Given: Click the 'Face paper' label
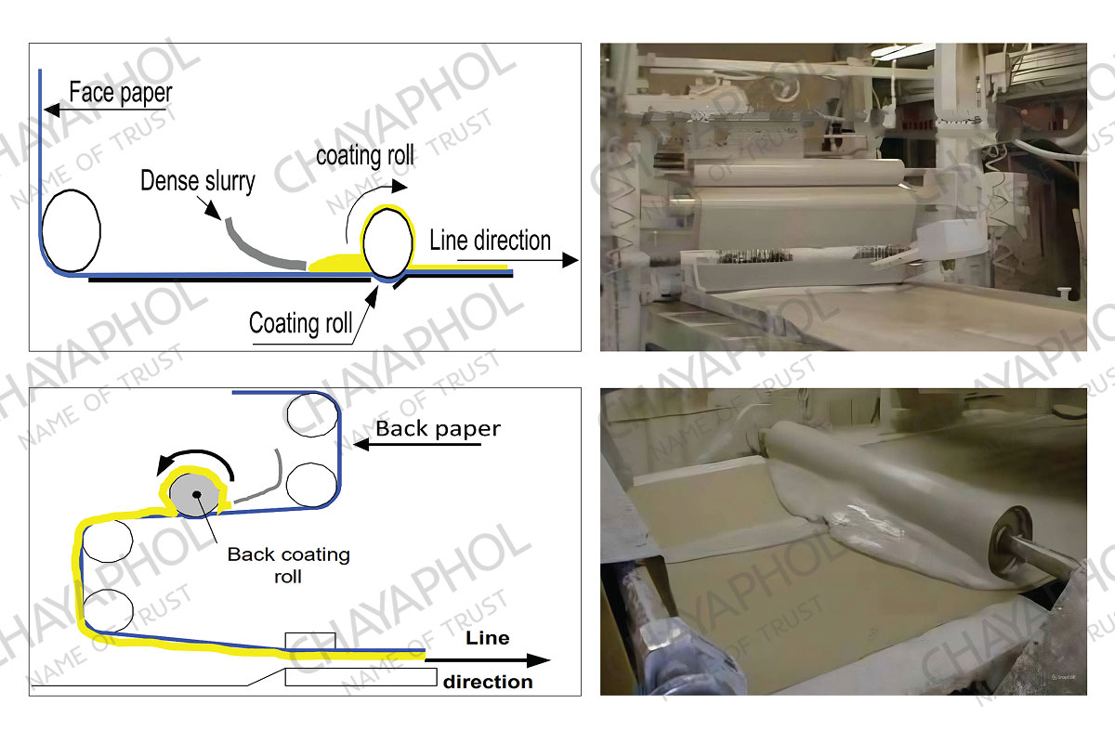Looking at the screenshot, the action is tap(121, 93).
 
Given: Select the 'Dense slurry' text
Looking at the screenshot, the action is tap(198, 181).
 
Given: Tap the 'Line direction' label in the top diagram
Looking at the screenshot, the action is tap(491, 241).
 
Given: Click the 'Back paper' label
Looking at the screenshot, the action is tap(438, 429).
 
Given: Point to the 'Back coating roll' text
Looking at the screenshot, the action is tap(289, 566).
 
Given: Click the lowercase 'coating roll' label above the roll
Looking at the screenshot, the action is tap(365, 156).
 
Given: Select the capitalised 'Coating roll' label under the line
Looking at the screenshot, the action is tap(301, 323).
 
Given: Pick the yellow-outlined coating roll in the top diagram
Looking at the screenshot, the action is tap(388, 243).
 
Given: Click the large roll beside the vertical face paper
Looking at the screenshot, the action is tap(72, 231).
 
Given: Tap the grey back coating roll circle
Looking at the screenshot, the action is tap(194, 495).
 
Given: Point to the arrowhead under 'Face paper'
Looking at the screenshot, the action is tap(52, 110).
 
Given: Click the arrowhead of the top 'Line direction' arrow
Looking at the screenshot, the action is tap(570, 260).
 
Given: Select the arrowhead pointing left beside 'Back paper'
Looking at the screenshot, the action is tap(361, 444).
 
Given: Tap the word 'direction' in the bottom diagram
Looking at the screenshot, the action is tap(488, 682).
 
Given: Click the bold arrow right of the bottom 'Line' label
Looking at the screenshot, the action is tap(488, 660).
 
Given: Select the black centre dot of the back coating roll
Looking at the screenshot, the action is tap(197, 494).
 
